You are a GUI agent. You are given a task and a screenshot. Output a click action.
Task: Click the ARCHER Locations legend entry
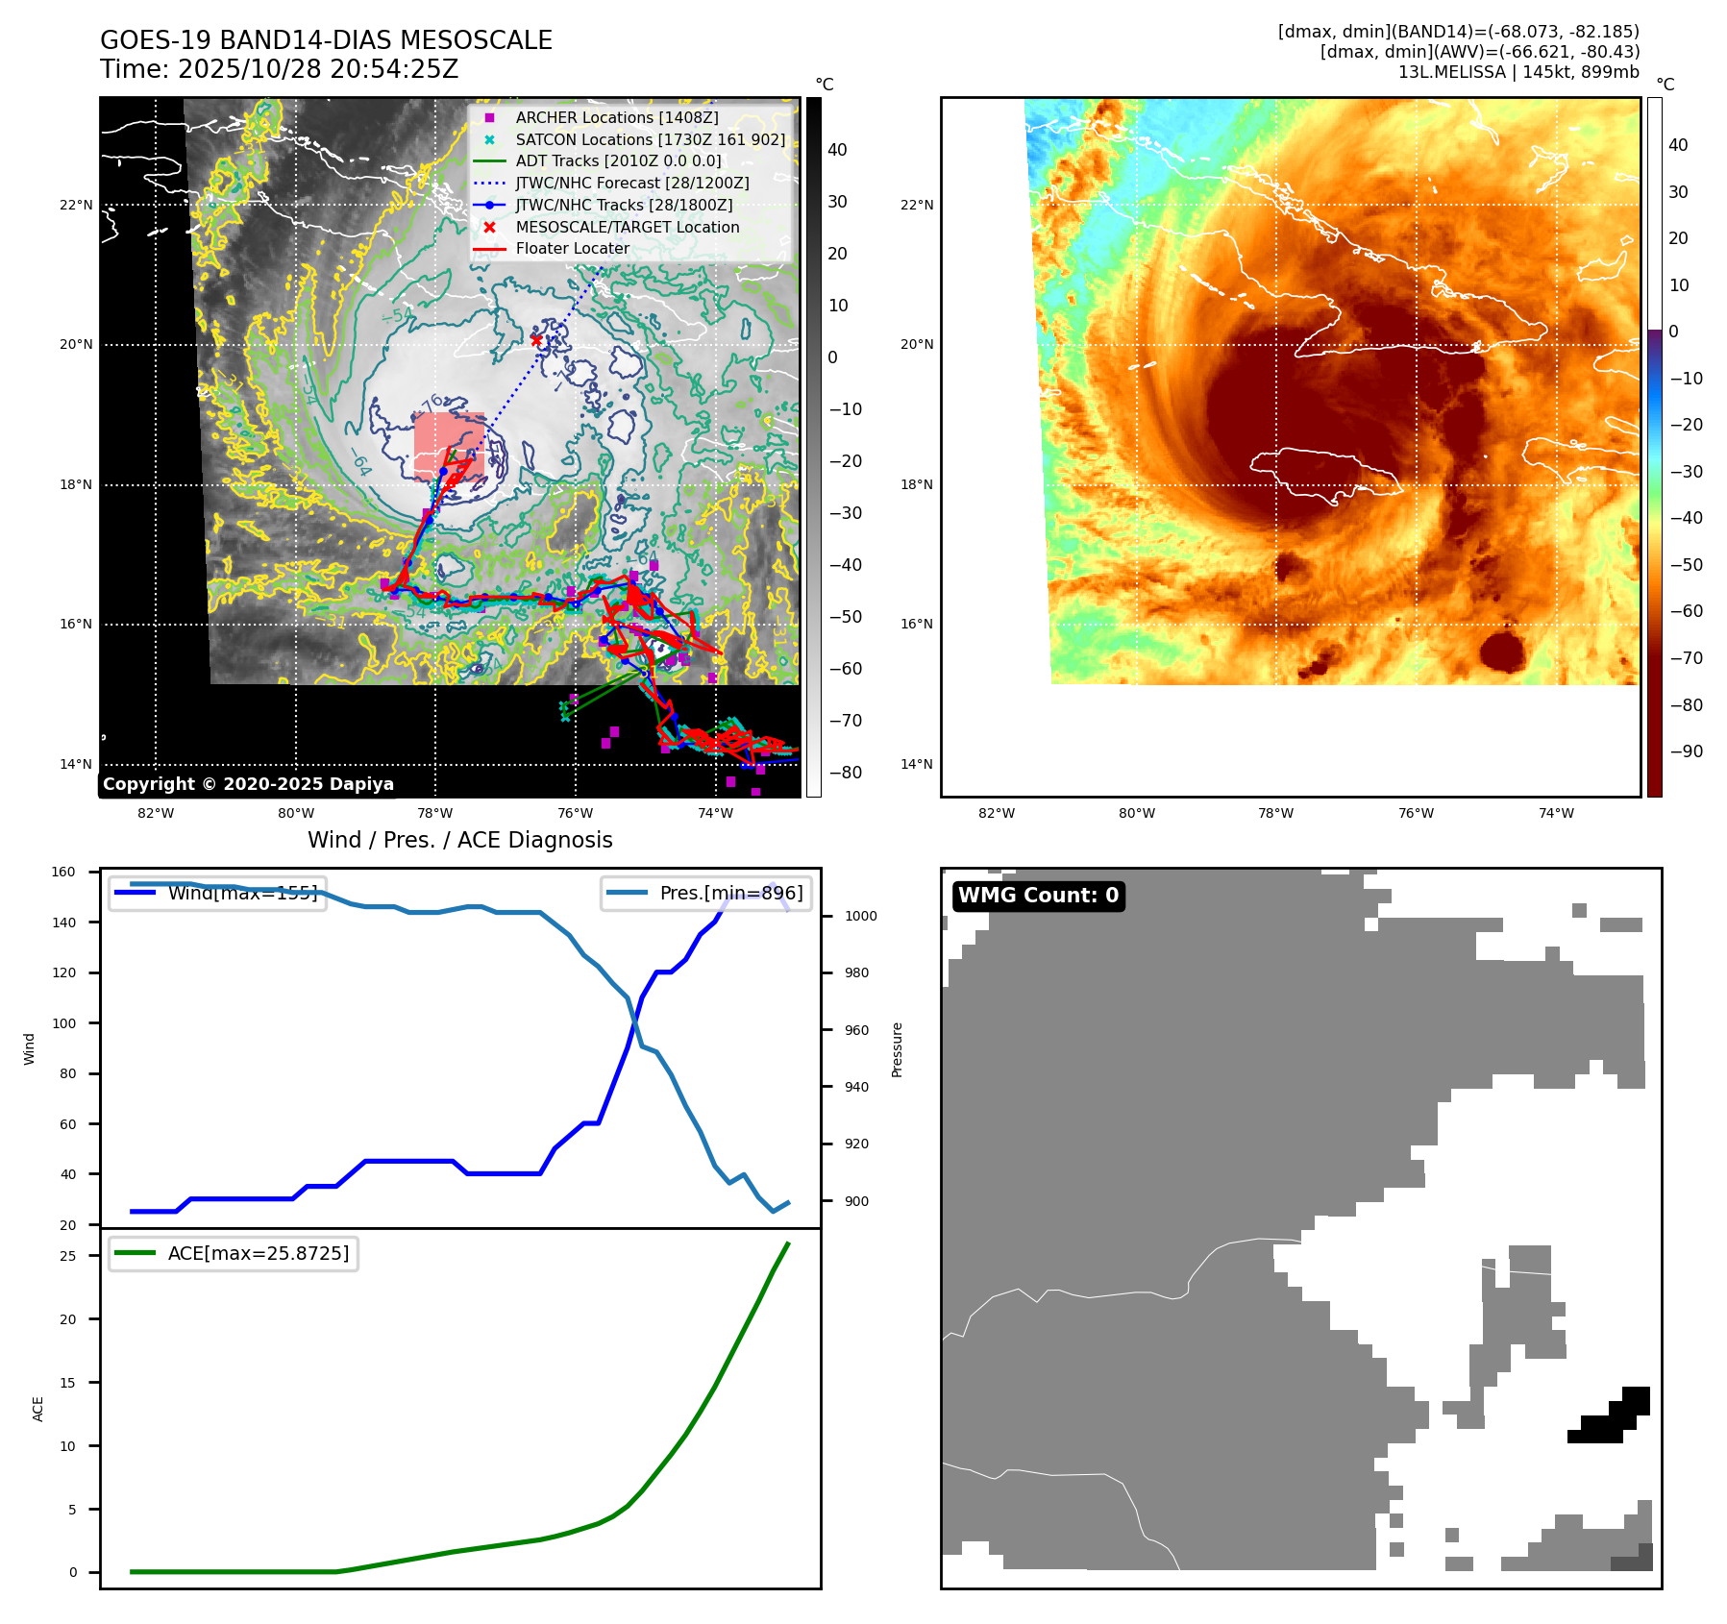pyautogui.click(x=616, y=117)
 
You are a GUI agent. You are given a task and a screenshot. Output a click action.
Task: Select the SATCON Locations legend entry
pyautogui.click(x=650, y=139)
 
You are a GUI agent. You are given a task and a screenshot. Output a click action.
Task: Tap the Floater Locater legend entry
pyautogui.click(x=572, y=248)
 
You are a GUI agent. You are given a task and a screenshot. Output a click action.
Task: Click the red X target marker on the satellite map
pyautogui.click(x=536, y=340)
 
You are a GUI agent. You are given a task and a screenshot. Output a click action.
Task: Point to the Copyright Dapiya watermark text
pyautogui.click(x=248, y=784)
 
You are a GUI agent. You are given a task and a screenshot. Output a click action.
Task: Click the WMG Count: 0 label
pyautogui.click(x=1038, y=896)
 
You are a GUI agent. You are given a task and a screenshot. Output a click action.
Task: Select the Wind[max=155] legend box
pyautogui.click(x=217, y=893)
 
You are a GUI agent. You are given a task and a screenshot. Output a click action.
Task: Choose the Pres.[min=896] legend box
pyautogui.click(x=707, y=893)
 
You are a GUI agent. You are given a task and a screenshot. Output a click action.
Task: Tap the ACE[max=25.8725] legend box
pyautogui.click(x=234, y=1253)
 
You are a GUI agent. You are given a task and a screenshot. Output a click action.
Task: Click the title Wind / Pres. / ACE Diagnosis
pyautogui.click(x=459, y=840)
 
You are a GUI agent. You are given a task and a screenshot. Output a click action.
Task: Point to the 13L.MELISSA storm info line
pyautogui.click(x=1518, y=72)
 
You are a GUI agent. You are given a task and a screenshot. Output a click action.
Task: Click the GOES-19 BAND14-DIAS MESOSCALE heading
pyautogui.click(x=326, y=40)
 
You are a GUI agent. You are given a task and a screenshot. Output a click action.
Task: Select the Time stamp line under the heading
pyautogui.click(x=279, y=69)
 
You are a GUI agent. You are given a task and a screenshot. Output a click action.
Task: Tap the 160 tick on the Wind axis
pyautogui.click(x=63, y=873)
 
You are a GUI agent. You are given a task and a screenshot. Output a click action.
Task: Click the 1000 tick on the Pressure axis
pyautogui.click(x=860, y=916)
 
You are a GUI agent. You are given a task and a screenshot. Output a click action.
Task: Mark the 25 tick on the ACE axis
pyautogui.click(x=67, y=1256)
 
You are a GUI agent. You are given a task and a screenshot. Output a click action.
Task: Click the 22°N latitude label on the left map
pyautogui.click(x=76, y=205)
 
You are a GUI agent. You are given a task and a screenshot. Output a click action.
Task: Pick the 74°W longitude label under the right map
pyautogui.click(x=1556, y=813)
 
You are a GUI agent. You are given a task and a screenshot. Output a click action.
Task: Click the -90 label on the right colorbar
pyautogui.click(x=1686, y=751)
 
